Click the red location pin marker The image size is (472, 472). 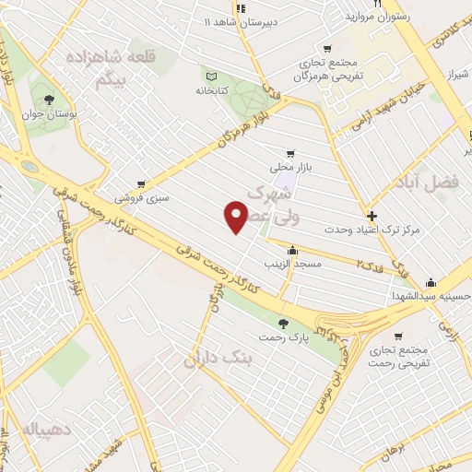coord(237,218)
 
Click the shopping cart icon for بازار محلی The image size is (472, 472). coord(290,154)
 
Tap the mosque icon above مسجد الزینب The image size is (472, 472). coord(292,250)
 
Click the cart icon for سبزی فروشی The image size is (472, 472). coord(140,184)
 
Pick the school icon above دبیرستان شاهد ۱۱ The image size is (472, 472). coord(241,8)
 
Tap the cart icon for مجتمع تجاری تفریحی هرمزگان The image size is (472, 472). coord(326,49)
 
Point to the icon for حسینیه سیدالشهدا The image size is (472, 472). coord(431,283)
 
